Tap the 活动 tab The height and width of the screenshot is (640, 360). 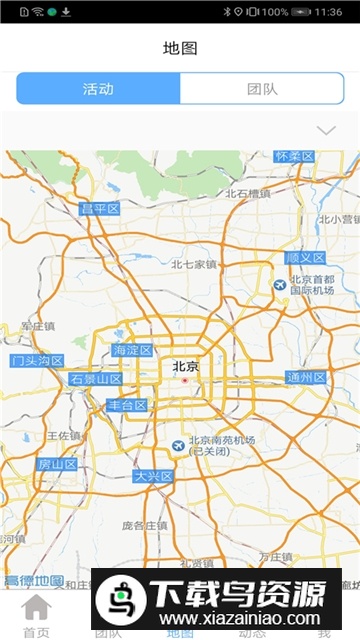pyautogui.click(x=98, y=88)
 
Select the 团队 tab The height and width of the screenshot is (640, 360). pyautogui.click(x=262, y=88)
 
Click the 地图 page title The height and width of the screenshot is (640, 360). pyautogui.click(x=180, y=47)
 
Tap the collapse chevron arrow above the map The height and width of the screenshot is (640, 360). pyautogui.click(x=325, y=131)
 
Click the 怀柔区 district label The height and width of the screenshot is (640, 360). pyautogui.click(x=295, y=157)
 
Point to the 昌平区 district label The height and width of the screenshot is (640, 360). pyautogui.click(x=100, y=208)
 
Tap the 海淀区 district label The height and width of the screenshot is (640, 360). pyautogui.click(x=132, y=350)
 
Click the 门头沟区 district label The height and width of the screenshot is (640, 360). pyautogui.click(x=37, y=361)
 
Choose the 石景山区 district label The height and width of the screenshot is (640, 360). pyautogui.click(x=95, y=379)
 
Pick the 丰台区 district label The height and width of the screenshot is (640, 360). pyautogui.click(x=127, y=405)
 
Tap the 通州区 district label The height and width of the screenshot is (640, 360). pyautogui.click(x=306, y=377)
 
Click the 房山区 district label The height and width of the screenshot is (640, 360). pyautogui.click(x=57, y=464)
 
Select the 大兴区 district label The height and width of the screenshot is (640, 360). pyautogui.click(x=154, y=476)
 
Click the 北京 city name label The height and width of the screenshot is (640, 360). pyautogui.click(x=185, y=366)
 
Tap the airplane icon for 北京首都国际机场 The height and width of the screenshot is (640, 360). pyautogui.click(x=280, y=285)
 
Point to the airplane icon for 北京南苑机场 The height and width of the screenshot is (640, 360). pyautogui.click(x=177, y=444)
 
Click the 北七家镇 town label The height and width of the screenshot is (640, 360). pyautogui.click(x=193, y=264)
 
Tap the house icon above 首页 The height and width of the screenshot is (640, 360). pyautogui.click(x=36, y=607)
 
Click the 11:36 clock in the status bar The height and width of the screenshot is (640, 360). pyautogui.click(x=327, y=11)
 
